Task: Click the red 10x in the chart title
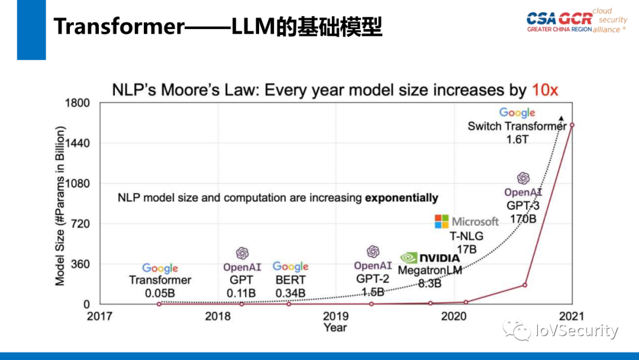544,90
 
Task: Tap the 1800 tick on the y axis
77,103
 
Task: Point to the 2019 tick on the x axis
335,316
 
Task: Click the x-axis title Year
335,327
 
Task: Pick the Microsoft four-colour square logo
442,221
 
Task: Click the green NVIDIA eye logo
409,258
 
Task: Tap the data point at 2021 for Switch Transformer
572,125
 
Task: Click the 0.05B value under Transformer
160,292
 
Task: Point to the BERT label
290,279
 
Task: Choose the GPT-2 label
372,279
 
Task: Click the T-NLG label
466,236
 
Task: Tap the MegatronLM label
430,270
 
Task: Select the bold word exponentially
401,198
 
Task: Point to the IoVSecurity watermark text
576,331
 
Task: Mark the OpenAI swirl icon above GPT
242,253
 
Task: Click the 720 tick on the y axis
80,224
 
